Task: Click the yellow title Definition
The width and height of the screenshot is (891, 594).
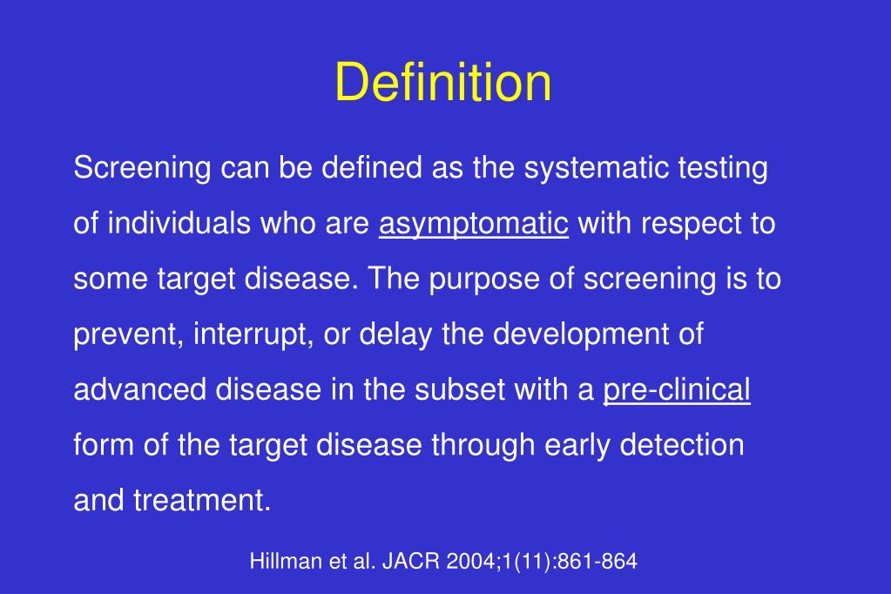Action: point(443,83)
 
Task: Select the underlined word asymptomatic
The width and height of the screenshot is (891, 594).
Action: point(474,225)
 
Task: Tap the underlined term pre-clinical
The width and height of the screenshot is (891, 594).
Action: point(677,390)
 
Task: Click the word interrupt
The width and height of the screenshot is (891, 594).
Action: point(241,334)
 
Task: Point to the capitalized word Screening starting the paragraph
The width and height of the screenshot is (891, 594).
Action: point(142,168)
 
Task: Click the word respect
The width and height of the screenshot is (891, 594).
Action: point(682,225)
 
